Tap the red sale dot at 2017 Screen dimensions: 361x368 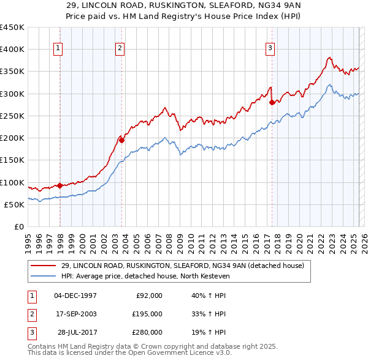pos(272,102)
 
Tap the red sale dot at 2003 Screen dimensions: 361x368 pos(121,140)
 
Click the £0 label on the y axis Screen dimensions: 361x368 pos(19,227)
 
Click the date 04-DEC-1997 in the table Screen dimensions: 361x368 pos(75,296)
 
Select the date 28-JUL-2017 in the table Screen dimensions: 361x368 pos(75,332)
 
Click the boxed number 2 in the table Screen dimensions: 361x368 pos(31,314)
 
